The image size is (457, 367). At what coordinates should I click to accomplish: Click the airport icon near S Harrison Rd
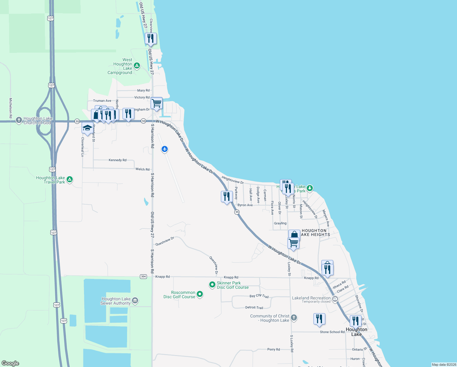(165, 149)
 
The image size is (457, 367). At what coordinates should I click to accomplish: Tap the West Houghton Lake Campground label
(120, 66)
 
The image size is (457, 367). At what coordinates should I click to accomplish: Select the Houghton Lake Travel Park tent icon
(70, 180)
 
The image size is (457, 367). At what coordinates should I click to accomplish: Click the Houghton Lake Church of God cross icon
(19, 120)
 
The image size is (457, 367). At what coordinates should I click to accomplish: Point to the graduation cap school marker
(87, 128)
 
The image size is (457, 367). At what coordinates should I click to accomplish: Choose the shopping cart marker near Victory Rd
(156, 103)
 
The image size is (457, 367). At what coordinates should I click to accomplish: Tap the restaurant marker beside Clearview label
(151, 39)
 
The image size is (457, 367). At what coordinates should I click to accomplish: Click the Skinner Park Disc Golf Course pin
(212, 285)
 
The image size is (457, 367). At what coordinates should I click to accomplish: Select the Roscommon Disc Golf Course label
(179, 295)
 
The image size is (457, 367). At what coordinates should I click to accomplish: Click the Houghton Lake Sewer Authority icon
(135, 301)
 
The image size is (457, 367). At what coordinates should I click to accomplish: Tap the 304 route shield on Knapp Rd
(143, 276)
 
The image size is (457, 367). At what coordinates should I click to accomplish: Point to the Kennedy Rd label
(118, 160)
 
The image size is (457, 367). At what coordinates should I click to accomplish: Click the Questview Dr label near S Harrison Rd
(165, 241)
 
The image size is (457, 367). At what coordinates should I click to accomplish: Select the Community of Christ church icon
(294, 318)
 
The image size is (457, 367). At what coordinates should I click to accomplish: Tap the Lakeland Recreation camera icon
(335, 299)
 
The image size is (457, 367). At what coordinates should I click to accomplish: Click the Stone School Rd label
(332, 332)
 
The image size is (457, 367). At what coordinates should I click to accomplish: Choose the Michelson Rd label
(11, 108)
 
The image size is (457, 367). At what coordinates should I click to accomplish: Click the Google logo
(10, 363)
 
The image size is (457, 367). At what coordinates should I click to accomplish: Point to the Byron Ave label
(245, 205)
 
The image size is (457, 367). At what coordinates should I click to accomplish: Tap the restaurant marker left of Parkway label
(227, 196)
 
